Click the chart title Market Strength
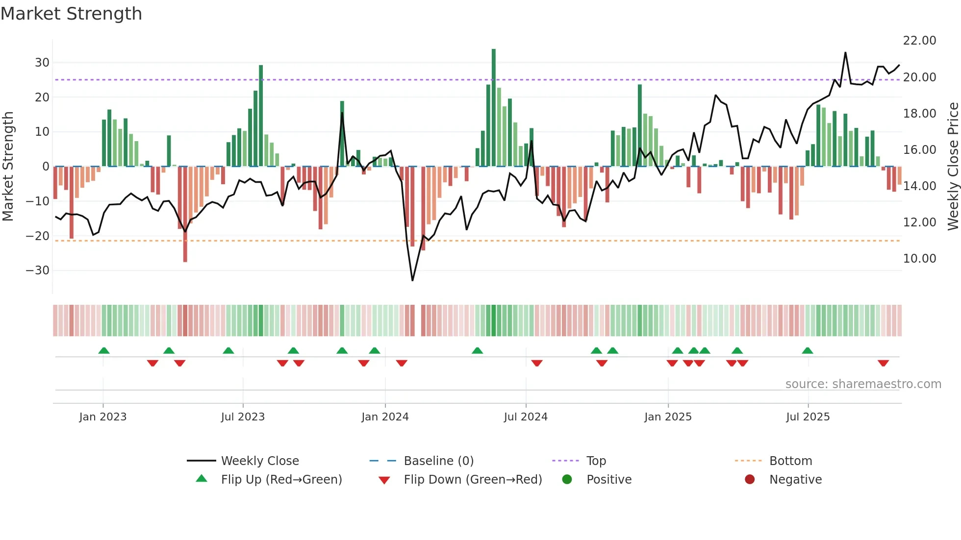tap(71, 14)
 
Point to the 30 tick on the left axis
tap(42, 63)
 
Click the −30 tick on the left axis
tap(38, 270)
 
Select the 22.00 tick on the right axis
tap(919, 41)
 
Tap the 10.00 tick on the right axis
tap(919, 259)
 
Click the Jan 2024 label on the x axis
tap(385, 417)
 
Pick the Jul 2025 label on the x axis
tap(808, 417)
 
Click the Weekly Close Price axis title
tap(953, 167)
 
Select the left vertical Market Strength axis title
tap(8, 167)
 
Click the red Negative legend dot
tap(750, 480)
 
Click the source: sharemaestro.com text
tap(863, 384)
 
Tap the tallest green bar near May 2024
tap(494, 108)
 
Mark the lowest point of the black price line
tap(412, 280)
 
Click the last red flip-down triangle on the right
tap(883, 363)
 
